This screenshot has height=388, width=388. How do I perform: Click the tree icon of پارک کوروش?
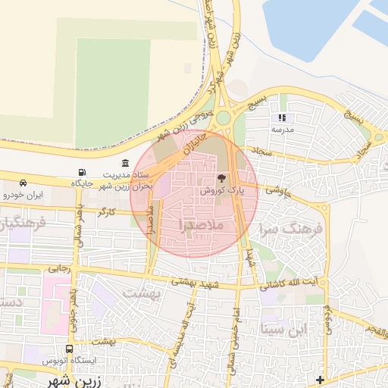[221, 179]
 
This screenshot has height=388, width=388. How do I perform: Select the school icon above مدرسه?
[283, 118]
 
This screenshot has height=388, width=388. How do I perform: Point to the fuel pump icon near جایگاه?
[82, 172]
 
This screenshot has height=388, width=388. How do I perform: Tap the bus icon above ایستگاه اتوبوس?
[70, 349]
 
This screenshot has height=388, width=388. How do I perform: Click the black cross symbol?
[321, 379]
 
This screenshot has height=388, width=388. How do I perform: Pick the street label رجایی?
[59, 268]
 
